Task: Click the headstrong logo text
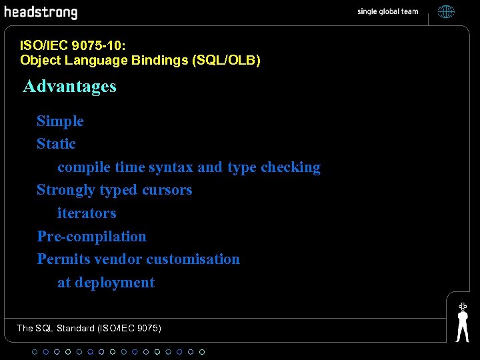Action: (x=41, y=13)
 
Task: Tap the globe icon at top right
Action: (x=446, y=11)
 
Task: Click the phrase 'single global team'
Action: (x=387, y=11)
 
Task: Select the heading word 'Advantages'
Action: (x=69, y=86)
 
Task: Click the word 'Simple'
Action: (x=60, y=121)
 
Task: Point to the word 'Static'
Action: (x=56, y=144)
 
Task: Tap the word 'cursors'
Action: (x=167, y=190)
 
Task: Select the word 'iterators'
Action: (x=87, y=213)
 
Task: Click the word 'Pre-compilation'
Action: (x=91, y=236)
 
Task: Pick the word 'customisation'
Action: (x=193, y=259)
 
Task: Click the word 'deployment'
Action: (x=115, y=283)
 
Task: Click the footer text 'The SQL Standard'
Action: (x=55, y=328)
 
